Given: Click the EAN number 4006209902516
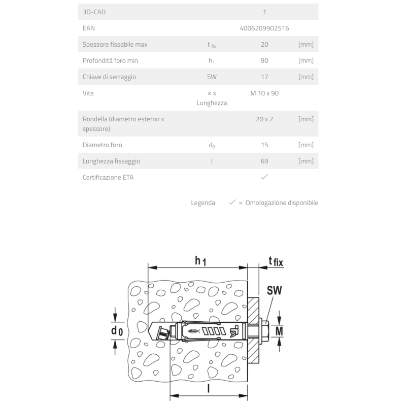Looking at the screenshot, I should pos(264,28).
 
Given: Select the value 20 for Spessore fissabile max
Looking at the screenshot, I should pos(264,45).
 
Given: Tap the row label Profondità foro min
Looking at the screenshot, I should pos(110,61).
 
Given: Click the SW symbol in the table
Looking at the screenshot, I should pos(212,77).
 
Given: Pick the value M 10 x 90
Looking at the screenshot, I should pos(264,93).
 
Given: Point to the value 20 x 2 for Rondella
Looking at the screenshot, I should pos(264,119).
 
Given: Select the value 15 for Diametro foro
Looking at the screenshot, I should pos(264,145).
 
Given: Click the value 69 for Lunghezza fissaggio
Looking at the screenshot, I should pos(264,161).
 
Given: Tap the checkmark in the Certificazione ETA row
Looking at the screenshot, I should pos(264,177).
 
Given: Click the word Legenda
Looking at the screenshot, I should pos(202,202).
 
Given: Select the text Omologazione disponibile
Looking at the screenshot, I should pos(282,202).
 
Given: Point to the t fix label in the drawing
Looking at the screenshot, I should pos(276,262).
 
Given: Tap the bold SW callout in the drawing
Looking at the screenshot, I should pos(274,291).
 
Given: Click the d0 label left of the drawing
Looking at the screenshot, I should pos(117,331).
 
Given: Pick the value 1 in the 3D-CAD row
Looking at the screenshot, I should pos(264,12).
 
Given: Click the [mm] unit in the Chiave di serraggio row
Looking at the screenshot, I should pos(306,77).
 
